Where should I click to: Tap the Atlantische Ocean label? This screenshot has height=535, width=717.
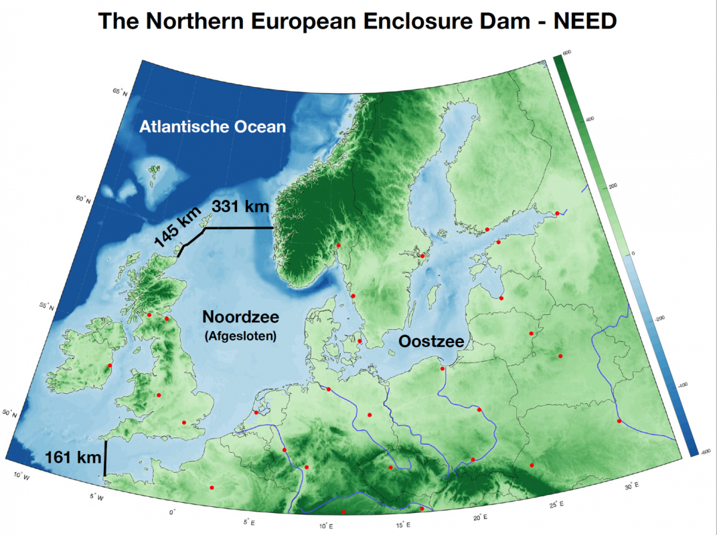point(213,126)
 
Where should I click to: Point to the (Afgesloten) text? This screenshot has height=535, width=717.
point(240,337)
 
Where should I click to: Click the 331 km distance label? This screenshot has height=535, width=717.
point(240,207)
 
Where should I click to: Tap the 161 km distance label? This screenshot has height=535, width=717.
point(72,458)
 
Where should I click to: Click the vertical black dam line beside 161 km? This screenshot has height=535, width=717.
point(105,458)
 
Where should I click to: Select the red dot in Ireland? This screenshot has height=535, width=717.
point(109,366)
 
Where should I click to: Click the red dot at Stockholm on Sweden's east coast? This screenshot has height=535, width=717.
point(422,255)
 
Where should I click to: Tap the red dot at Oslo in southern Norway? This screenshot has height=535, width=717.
point(339,245)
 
